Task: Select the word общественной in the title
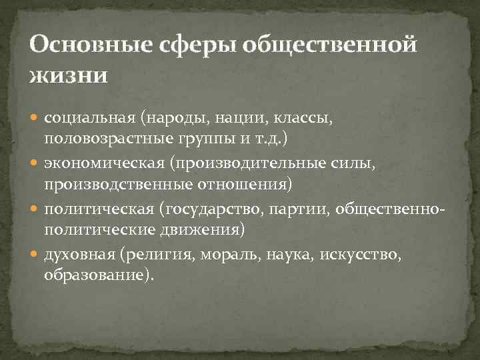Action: [x=331, y=47]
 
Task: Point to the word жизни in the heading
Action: [x=67, y=74]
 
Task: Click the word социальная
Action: [x=90, y=118]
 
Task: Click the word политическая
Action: [x=98, y=209]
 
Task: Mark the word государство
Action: [x=213, y=209]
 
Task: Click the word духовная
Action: [x=81, y=255]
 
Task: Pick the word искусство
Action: [x=361, y=255]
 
